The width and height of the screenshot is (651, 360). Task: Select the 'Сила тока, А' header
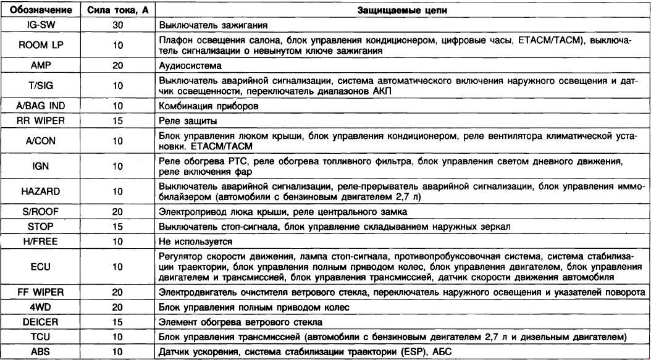tap(115, 11)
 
